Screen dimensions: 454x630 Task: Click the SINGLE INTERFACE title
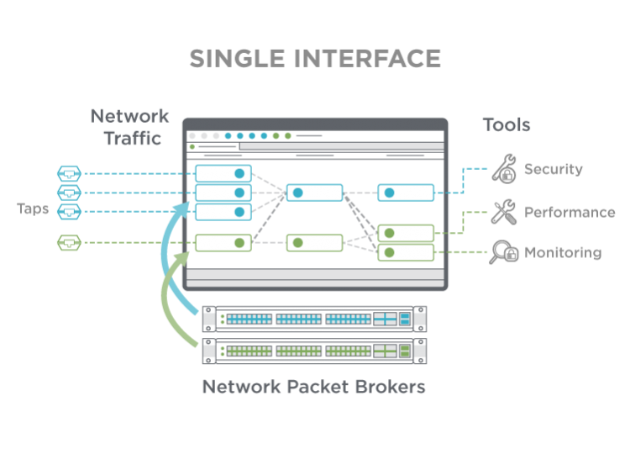click(x=315, y=58)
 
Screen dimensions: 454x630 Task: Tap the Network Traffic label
click(x=129, y=126)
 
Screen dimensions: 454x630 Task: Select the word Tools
click(x=507, y=125)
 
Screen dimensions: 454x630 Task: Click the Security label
click(x=554, y=169)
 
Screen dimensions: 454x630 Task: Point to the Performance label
click(x=570, y=212)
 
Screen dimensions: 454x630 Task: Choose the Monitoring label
click(x=563, y=252)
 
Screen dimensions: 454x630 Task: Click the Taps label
click(x=33, y=209)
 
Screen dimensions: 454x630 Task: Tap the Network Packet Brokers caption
click(x=313, y=388)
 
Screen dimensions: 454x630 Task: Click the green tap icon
click(x=69, y=243)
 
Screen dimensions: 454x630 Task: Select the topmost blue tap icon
click(x=69, y=173)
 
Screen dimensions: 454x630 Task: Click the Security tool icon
click(x=503, y=168)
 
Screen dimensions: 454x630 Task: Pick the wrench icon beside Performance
click(x=503, y=211)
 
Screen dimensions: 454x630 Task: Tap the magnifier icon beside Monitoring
click(x=503, y=252)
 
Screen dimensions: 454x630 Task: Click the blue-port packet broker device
click(x=314, y=319)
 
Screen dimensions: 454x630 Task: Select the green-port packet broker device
click(x=314, y=351)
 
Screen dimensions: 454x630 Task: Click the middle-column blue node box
click(x=314, y=193)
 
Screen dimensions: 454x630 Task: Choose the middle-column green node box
click(x=314, y=243)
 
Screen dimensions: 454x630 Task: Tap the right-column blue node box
click(x=405, y=193)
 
